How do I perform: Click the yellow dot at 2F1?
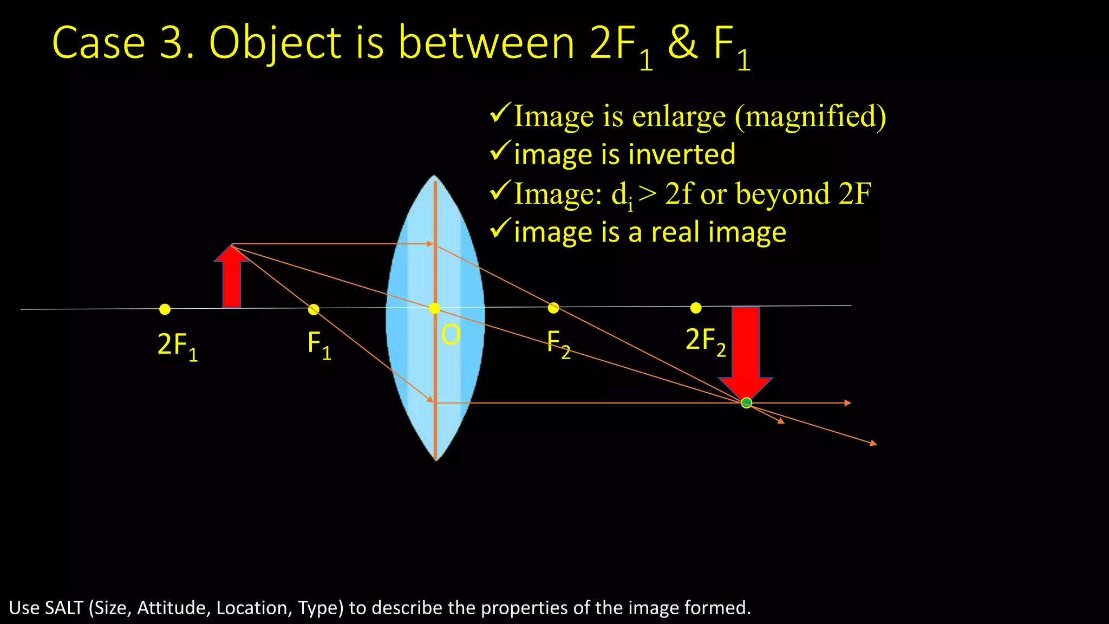tap(165, 309)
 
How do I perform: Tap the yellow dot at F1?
tap(314, 309)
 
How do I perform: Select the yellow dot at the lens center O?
tap(434, 308)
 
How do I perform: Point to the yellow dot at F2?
tap(553, 308)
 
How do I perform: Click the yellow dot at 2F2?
tap(696, 308)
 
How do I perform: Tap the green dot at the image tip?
tap(746, 402)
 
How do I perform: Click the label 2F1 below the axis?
tap(177, 346)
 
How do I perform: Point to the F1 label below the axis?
tap(319, 344)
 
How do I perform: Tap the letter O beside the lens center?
tap(451, 335)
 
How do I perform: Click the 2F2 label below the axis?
tap(705, 341)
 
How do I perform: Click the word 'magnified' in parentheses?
tap(810, 116)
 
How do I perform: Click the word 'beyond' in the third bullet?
tap(782, 194)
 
